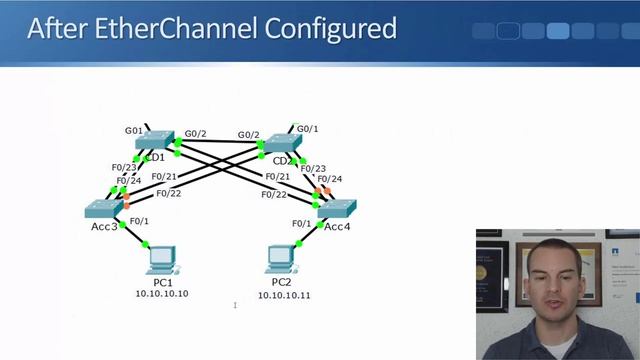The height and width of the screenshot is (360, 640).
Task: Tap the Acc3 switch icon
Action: click(104, 208)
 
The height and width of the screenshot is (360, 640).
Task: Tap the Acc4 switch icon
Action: click(336, 209)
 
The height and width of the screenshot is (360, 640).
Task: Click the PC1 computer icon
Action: click(160, 261)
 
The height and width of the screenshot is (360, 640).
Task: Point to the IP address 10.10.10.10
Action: click(162, 294)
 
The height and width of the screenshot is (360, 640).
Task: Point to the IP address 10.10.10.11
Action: click(284, 296)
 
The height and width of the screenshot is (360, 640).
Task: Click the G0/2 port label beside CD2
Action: click(248, 135)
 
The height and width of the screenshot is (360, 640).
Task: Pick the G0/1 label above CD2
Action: click(308, 128)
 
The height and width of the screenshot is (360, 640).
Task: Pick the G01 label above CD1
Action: click(135, 130)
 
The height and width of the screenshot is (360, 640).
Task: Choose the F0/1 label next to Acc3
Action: click(139, 221)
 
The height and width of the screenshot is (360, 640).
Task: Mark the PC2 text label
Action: click(281, 283)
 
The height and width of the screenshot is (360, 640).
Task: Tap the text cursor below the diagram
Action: click(235, 305)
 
